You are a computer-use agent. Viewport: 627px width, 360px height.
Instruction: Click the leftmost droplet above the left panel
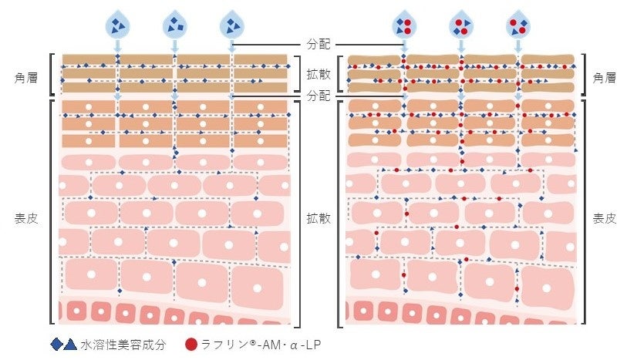click(117, 25)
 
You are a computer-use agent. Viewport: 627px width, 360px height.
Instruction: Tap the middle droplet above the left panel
click(174, 25)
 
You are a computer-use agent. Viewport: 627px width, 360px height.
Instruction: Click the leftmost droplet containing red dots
click(403, 25)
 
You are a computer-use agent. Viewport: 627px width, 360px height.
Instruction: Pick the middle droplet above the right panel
click(460, 25)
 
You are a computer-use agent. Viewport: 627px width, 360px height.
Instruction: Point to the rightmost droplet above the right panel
click(517, 25)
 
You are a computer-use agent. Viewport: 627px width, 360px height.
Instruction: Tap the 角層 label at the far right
click(604, 77)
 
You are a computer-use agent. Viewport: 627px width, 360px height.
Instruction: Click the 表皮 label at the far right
click(604, 218)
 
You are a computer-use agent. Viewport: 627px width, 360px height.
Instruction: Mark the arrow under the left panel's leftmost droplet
click(117, 47)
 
